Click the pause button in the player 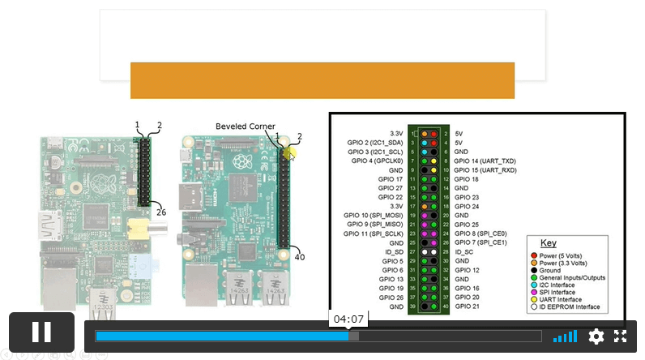[41, 332]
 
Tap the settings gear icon [596, 336]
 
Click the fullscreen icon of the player [621, 336]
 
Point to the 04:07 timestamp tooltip [348, 319]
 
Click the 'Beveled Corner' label [245, 126]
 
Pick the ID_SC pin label [466, 252]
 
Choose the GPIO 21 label [468, 306]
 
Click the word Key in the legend [549, 243]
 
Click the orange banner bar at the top [322, 80]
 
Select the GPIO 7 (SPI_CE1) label [481, 242]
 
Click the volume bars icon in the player [565, 336]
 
